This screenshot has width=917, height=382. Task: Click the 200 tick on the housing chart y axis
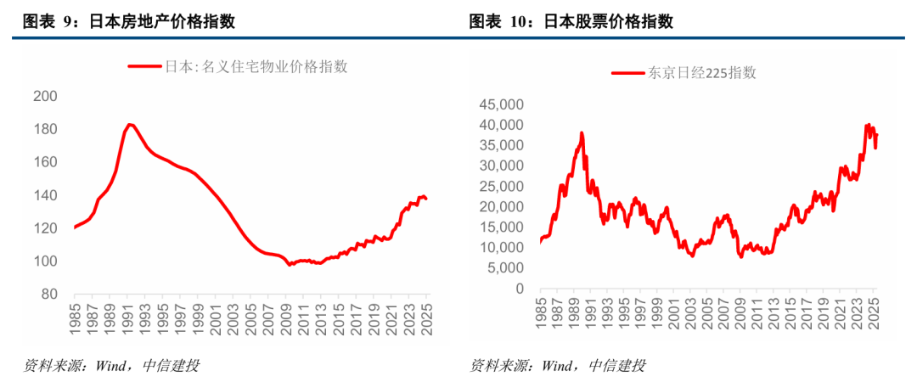44,97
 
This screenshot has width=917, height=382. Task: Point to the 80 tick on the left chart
48,295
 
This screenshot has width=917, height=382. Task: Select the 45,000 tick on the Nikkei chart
500,104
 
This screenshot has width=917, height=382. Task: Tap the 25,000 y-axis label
500,187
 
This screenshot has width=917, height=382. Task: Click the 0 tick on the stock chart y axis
520,289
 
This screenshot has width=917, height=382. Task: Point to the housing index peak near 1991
129,124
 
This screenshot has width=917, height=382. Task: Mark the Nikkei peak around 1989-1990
582,132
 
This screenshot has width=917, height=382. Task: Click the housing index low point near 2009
290,265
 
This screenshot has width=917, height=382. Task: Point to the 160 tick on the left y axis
44,162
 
